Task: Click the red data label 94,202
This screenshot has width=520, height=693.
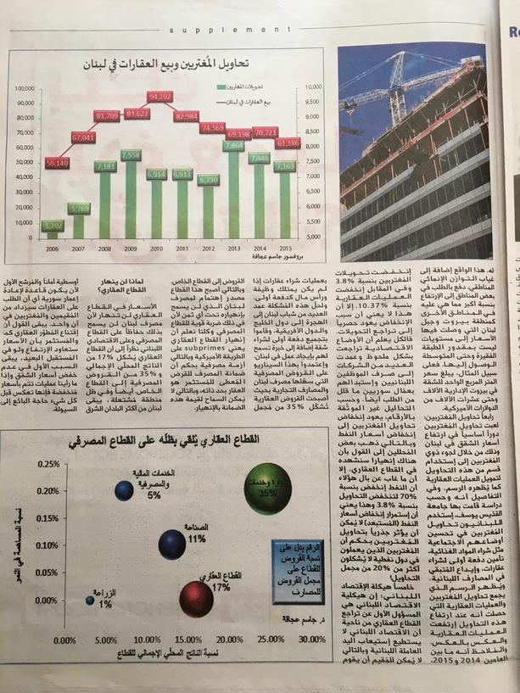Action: click(160, 98)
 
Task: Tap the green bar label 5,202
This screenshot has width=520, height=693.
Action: click(53, 226)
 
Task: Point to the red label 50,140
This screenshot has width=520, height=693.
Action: click(57, 162)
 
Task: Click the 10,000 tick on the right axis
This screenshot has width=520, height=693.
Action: click(311, 87)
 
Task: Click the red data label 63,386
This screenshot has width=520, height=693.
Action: click(288, 143)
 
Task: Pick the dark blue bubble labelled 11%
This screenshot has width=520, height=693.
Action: click(176, 543)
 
